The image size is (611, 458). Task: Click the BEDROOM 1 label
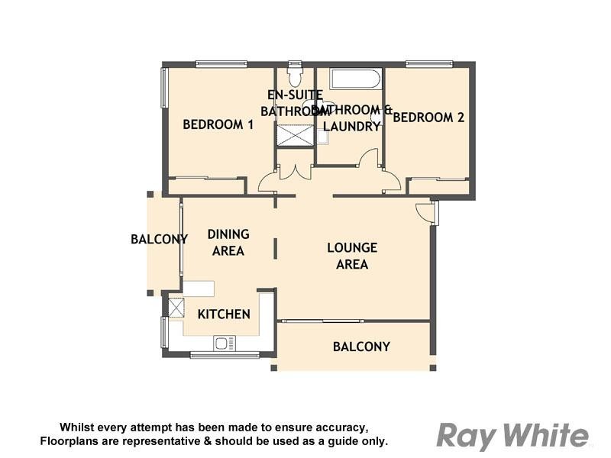click(x=218, y=124)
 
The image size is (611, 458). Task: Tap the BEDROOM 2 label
click(x=428, y=118)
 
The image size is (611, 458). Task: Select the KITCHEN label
click(x=224, y=314)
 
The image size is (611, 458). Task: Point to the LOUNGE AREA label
click(x=352, y=256)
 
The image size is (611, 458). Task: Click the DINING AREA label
click(x=228, y=242)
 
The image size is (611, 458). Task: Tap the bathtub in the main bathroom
click(x=355, y=79)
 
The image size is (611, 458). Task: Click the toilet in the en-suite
click(x=296, y=77)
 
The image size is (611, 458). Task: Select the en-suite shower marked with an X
click(x=295, y=136)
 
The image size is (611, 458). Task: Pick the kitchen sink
click(x=225, y=343)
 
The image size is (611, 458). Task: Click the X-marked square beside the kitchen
click(x=176, y=308)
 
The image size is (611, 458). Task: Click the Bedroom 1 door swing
click(x=268, y=182)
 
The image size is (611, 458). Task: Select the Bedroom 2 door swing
click(x=391, y=181)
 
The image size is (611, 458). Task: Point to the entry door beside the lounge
click(x=425, y=211)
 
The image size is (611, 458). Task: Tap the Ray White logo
click(x=512, y=436)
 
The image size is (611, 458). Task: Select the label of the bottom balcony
click(x=361, y=347)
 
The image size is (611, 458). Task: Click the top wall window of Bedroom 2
click(x=429, y=64)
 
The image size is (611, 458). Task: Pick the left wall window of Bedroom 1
click(x=163, y=88)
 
